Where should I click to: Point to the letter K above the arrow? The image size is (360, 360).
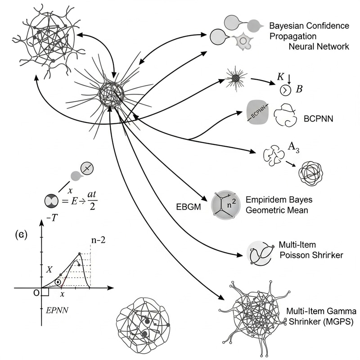point(280,76)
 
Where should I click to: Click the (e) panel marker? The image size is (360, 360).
point(23,234)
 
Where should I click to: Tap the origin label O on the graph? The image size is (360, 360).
point(37,293)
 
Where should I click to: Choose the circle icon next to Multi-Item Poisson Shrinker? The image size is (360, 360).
point(259,253)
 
